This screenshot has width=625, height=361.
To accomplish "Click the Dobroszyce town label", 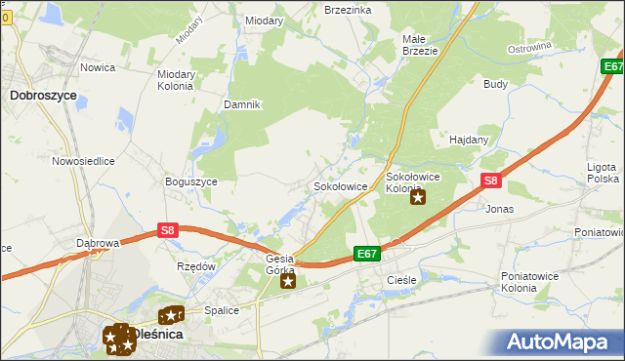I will (43, 96).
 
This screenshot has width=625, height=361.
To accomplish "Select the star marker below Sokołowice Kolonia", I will (418, 198).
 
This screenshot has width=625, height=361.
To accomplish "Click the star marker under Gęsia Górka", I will (288, 282).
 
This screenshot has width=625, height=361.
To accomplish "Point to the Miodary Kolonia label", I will (176, 79).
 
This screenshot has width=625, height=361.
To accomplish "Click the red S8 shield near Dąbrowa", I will (168, 230).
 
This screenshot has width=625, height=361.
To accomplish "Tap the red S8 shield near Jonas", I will (491, 180).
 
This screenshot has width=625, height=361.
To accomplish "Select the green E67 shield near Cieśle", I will (366, 254).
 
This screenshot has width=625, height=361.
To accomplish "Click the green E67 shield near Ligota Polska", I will (612, 66).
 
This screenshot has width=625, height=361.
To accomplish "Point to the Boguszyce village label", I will (190, 181).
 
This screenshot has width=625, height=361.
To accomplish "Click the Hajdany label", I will (468, 140).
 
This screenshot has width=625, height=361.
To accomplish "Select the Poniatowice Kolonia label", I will (532, 282).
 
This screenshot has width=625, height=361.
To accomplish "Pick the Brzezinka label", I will (348, 9).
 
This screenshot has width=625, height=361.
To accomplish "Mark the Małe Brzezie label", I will (420, 45).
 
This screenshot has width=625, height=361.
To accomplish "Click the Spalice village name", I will (222, 310).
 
